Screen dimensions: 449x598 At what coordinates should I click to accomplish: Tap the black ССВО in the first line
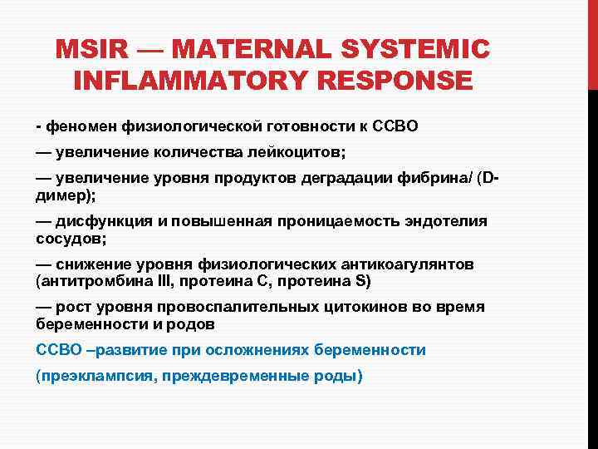(x=395, y=126)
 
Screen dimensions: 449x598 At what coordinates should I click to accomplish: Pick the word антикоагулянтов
(x=407, y=264)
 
